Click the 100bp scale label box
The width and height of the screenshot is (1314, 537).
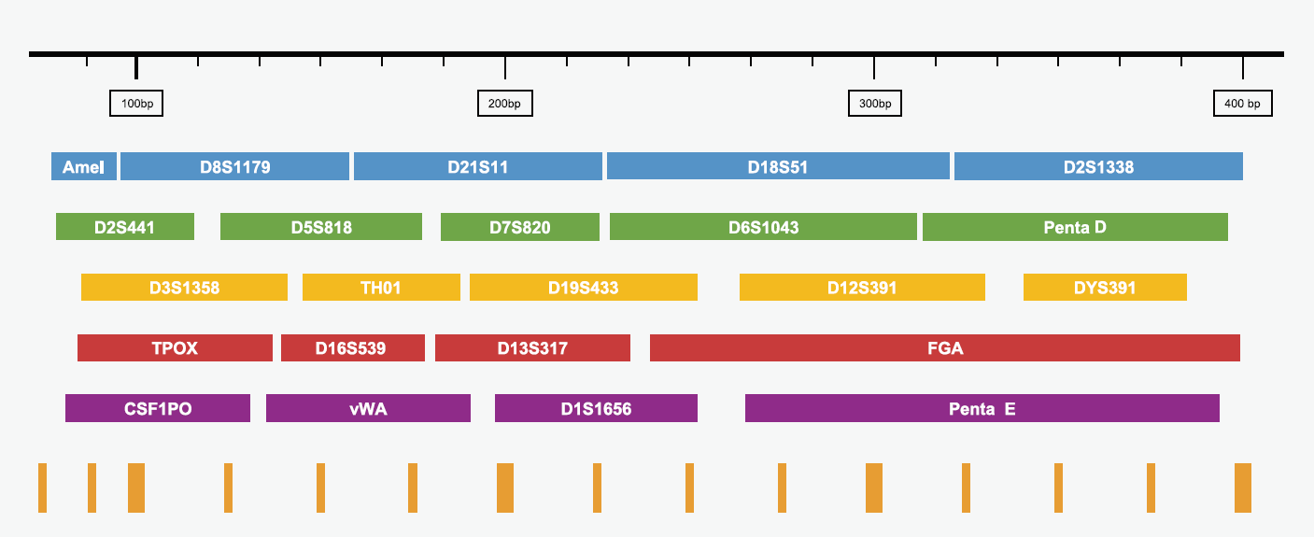tap(136, 104)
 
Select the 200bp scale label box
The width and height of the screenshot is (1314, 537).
tap(505, 104)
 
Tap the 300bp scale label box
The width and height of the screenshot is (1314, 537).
tap(875, 104)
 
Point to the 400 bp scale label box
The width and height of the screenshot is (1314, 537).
tap(1242, 104)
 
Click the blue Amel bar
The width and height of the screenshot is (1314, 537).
tap(84, 166)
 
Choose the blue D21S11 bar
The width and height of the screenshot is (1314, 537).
tap(478, 166)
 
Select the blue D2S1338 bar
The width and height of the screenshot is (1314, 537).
tap(1098, 166)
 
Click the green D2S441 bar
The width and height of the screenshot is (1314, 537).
tap(125, 227)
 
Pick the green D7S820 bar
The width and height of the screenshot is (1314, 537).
tap(520, 227)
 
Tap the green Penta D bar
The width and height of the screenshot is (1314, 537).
tap(1075, 227)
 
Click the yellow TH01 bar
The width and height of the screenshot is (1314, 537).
tap(381, 287)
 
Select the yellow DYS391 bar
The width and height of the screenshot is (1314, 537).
tap(1105, 287)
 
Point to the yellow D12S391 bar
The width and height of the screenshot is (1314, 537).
tap(862, 287)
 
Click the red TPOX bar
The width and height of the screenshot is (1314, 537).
tap(175, 347)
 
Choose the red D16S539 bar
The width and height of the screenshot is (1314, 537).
tap(353, 347)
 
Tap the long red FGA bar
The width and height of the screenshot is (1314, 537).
tap(945, 347)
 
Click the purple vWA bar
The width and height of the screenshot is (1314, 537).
tap(368, 408)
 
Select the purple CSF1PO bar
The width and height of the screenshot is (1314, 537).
tap(158, 408)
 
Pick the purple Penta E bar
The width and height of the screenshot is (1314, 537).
tap(982, 408)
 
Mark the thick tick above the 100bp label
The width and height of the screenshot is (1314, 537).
tap(136, 67)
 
